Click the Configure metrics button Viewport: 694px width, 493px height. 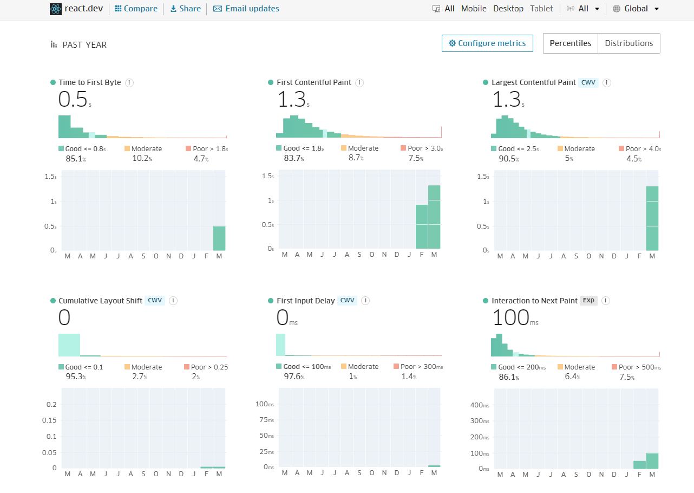(487, 43)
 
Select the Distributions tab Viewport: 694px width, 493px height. (628, 43)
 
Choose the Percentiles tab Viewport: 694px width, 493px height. (570, 43)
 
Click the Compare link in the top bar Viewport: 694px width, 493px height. (136, 9)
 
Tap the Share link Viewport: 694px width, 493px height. (185, 9)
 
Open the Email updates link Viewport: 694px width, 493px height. (246, 9)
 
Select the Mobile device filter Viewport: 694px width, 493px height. (474, 9)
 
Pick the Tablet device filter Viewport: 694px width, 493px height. (541, 9)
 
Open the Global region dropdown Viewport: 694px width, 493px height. (636, 9)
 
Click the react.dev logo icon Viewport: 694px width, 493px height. (56, 9)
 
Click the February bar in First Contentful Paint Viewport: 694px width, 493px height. (422, 226)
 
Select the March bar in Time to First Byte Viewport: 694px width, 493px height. (219, 238)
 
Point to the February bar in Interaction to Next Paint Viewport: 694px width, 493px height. (639, 464)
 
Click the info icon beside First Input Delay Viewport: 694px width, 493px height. (365, 301)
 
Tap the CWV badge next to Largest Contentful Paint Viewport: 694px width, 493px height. (588, 82)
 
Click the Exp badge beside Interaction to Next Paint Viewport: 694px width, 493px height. (588, 301)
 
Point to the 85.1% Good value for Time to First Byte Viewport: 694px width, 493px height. (76, 159)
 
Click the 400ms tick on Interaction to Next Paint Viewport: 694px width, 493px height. (480, 405)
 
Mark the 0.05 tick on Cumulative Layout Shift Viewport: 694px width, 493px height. (50, 452)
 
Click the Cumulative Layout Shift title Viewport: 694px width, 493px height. (100, 301)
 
